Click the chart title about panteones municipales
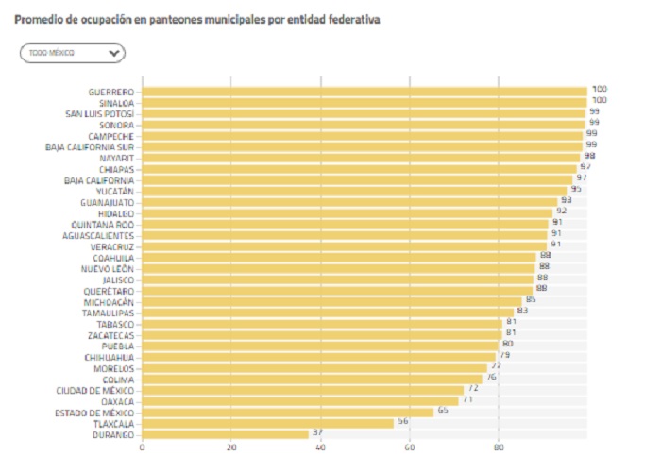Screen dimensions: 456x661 [197, 20]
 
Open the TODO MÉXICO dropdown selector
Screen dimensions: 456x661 [72, 53]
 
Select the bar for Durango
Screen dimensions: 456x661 [226, 434]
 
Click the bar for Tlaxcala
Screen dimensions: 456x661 [268, 423]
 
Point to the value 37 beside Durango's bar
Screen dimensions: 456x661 [318, 433]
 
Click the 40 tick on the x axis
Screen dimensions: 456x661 [321, 448]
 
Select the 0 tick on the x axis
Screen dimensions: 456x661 [143, 448]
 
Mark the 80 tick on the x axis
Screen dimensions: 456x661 [499, 448]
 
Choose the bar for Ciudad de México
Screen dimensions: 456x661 [303, 390]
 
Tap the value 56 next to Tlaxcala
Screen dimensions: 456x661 [403, 422]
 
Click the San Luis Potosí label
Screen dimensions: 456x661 [99, 113]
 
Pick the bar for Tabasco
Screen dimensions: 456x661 [322, 324]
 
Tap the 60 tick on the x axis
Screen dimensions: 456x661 [410, 448]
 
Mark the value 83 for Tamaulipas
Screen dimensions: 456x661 [522, 311]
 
